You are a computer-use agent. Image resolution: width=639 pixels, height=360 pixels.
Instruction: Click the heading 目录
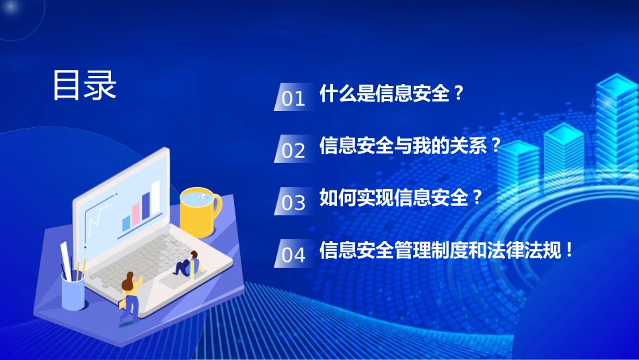[85, 85]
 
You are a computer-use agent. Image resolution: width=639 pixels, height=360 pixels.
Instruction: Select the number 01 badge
[293, 98]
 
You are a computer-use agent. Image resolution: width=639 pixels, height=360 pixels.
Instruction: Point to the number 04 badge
[293, 254]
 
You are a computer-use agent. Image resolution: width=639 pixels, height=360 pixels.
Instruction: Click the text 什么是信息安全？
[392, 93]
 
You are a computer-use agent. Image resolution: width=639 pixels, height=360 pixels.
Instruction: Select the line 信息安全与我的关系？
[411, 145]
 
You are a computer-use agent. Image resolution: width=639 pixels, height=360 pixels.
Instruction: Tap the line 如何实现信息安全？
[402, 198]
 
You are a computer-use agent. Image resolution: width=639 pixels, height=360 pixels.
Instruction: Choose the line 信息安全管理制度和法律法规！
[447, 250]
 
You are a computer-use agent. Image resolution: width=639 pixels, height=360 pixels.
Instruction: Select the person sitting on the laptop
[187, 264]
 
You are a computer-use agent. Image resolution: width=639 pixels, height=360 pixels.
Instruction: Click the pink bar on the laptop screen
[136, 211]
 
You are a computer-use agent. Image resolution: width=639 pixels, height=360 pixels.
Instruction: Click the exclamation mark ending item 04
[569, 251]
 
